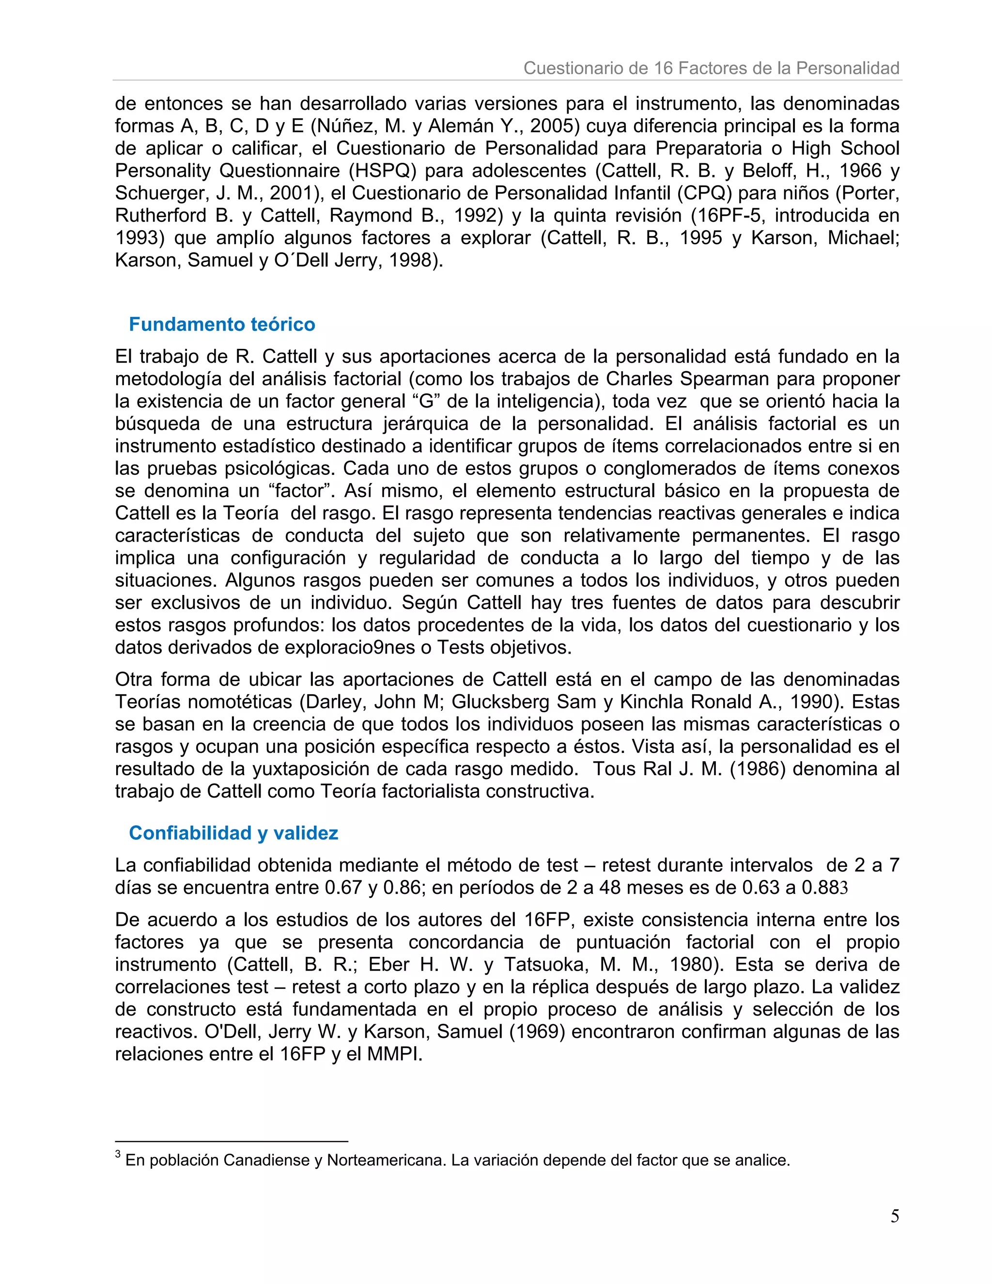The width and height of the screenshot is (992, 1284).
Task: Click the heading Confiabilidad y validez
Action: (x=233, y=832)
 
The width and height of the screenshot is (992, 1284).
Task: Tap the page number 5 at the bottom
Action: (x=895, y=1216)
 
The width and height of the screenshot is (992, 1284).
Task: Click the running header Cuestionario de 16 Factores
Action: (x=711, y=68)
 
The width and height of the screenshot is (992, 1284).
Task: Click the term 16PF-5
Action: (x=727, y=215)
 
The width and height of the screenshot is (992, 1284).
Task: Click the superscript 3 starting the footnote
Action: (x=118, y=1155)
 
